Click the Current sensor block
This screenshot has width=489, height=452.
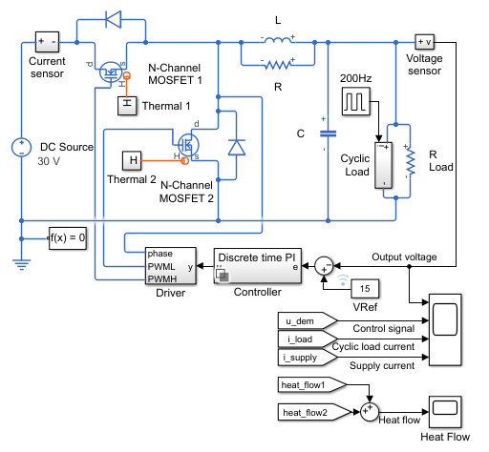click(x=47, y=42)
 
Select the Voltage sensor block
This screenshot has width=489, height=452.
click(x=425, y=42)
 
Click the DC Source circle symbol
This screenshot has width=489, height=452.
click(x=21, y=148)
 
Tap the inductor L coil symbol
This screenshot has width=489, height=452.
click(x=278, y=40)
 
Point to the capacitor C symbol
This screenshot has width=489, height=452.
click(x=328, y=134)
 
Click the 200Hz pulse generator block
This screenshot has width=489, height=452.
click(x=356, y=101)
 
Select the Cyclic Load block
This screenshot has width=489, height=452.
click(x=383, y=165)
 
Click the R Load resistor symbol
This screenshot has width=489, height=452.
click(x=411, y=162)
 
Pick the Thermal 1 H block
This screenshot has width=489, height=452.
click(x=127, y=106)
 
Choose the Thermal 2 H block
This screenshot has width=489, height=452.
click(x=132, y=160)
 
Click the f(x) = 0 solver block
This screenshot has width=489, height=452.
click(x=68, y=238)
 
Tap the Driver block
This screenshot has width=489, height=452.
click(x=171, y=266)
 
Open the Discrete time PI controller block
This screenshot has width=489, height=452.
click(x=258, y=266)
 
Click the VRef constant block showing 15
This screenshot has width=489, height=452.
click(x=365, y=289)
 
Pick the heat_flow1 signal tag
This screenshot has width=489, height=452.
click(x=312, y=385)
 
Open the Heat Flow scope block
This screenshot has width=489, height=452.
click(x=445, y=412)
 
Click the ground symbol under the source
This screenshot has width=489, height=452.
click(x=21, y=265)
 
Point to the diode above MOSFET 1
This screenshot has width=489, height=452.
click(x=114, y=19)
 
